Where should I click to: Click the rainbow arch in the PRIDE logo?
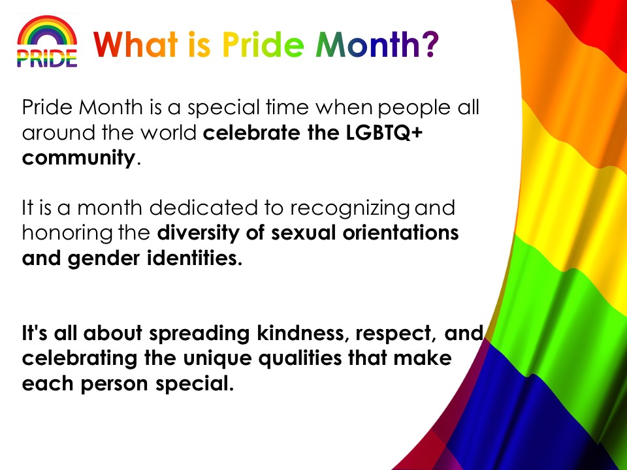point(47,24)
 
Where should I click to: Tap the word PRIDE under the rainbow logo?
point(47,58)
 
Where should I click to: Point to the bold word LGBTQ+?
point(384,133)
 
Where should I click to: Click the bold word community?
point(79,158)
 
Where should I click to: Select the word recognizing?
point(350,209)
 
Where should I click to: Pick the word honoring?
point(67,234)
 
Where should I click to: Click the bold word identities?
point(195,258)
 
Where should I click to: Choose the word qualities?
point(300,358)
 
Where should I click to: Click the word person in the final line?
point(114,384)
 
